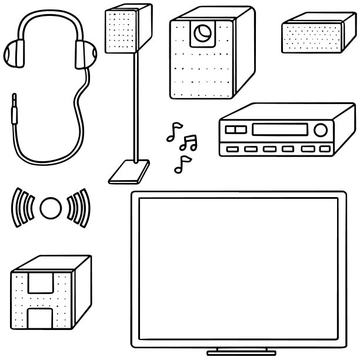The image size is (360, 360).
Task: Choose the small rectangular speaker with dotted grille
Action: coord(312,35)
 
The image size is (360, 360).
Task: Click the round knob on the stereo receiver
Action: coord(321,130)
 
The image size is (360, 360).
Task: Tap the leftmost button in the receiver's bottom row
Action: coord(232,149)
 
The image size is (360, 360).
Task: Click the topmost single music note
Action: coord(174,132)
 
